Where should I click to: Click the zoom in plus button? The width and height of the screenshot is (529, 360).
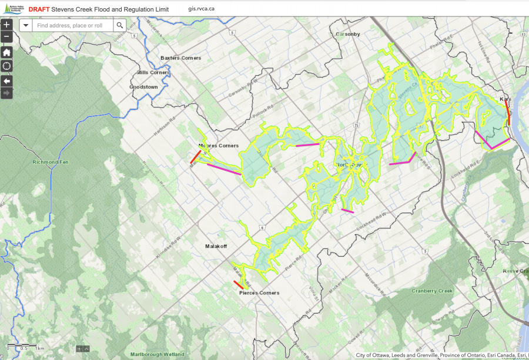coord(6,25)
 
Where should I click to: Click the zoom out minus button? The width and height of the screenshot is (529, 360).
coord(6,37)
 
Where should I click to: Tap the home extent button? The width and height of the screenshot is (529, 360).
coord(6,52)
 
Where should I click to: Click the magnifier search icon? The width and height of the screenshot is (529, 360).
coord(119,25)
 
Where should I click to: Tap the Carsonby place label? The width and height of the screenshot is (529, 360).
coord(347,34)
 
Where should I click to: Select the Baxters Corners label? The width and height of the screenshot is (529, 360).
coord(180,58)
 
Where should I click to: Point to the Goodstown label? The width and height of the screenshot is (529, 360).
coord(143,86)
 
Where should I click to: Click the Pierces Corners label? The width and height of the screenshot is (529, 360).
coord(259,292)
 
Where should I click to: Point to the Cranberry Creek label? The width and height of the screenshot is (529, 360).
coord(448,291)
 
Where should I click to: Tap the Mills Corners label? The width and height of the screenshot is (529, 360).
coord(152,72)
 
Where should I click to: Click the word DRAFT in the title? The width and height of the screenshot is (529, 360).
coord(39,9)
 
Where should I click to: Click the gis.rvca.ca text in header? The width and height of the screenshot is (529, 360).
coord(202,9)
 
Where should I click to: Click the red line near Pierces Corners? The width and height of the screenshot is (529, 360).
coord(239,285)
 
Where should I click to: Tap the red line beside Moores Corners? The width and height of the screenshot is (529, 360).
coord(195,157)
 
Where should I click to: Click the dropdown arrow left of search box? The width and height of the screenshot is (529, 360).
coord(26,25)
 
